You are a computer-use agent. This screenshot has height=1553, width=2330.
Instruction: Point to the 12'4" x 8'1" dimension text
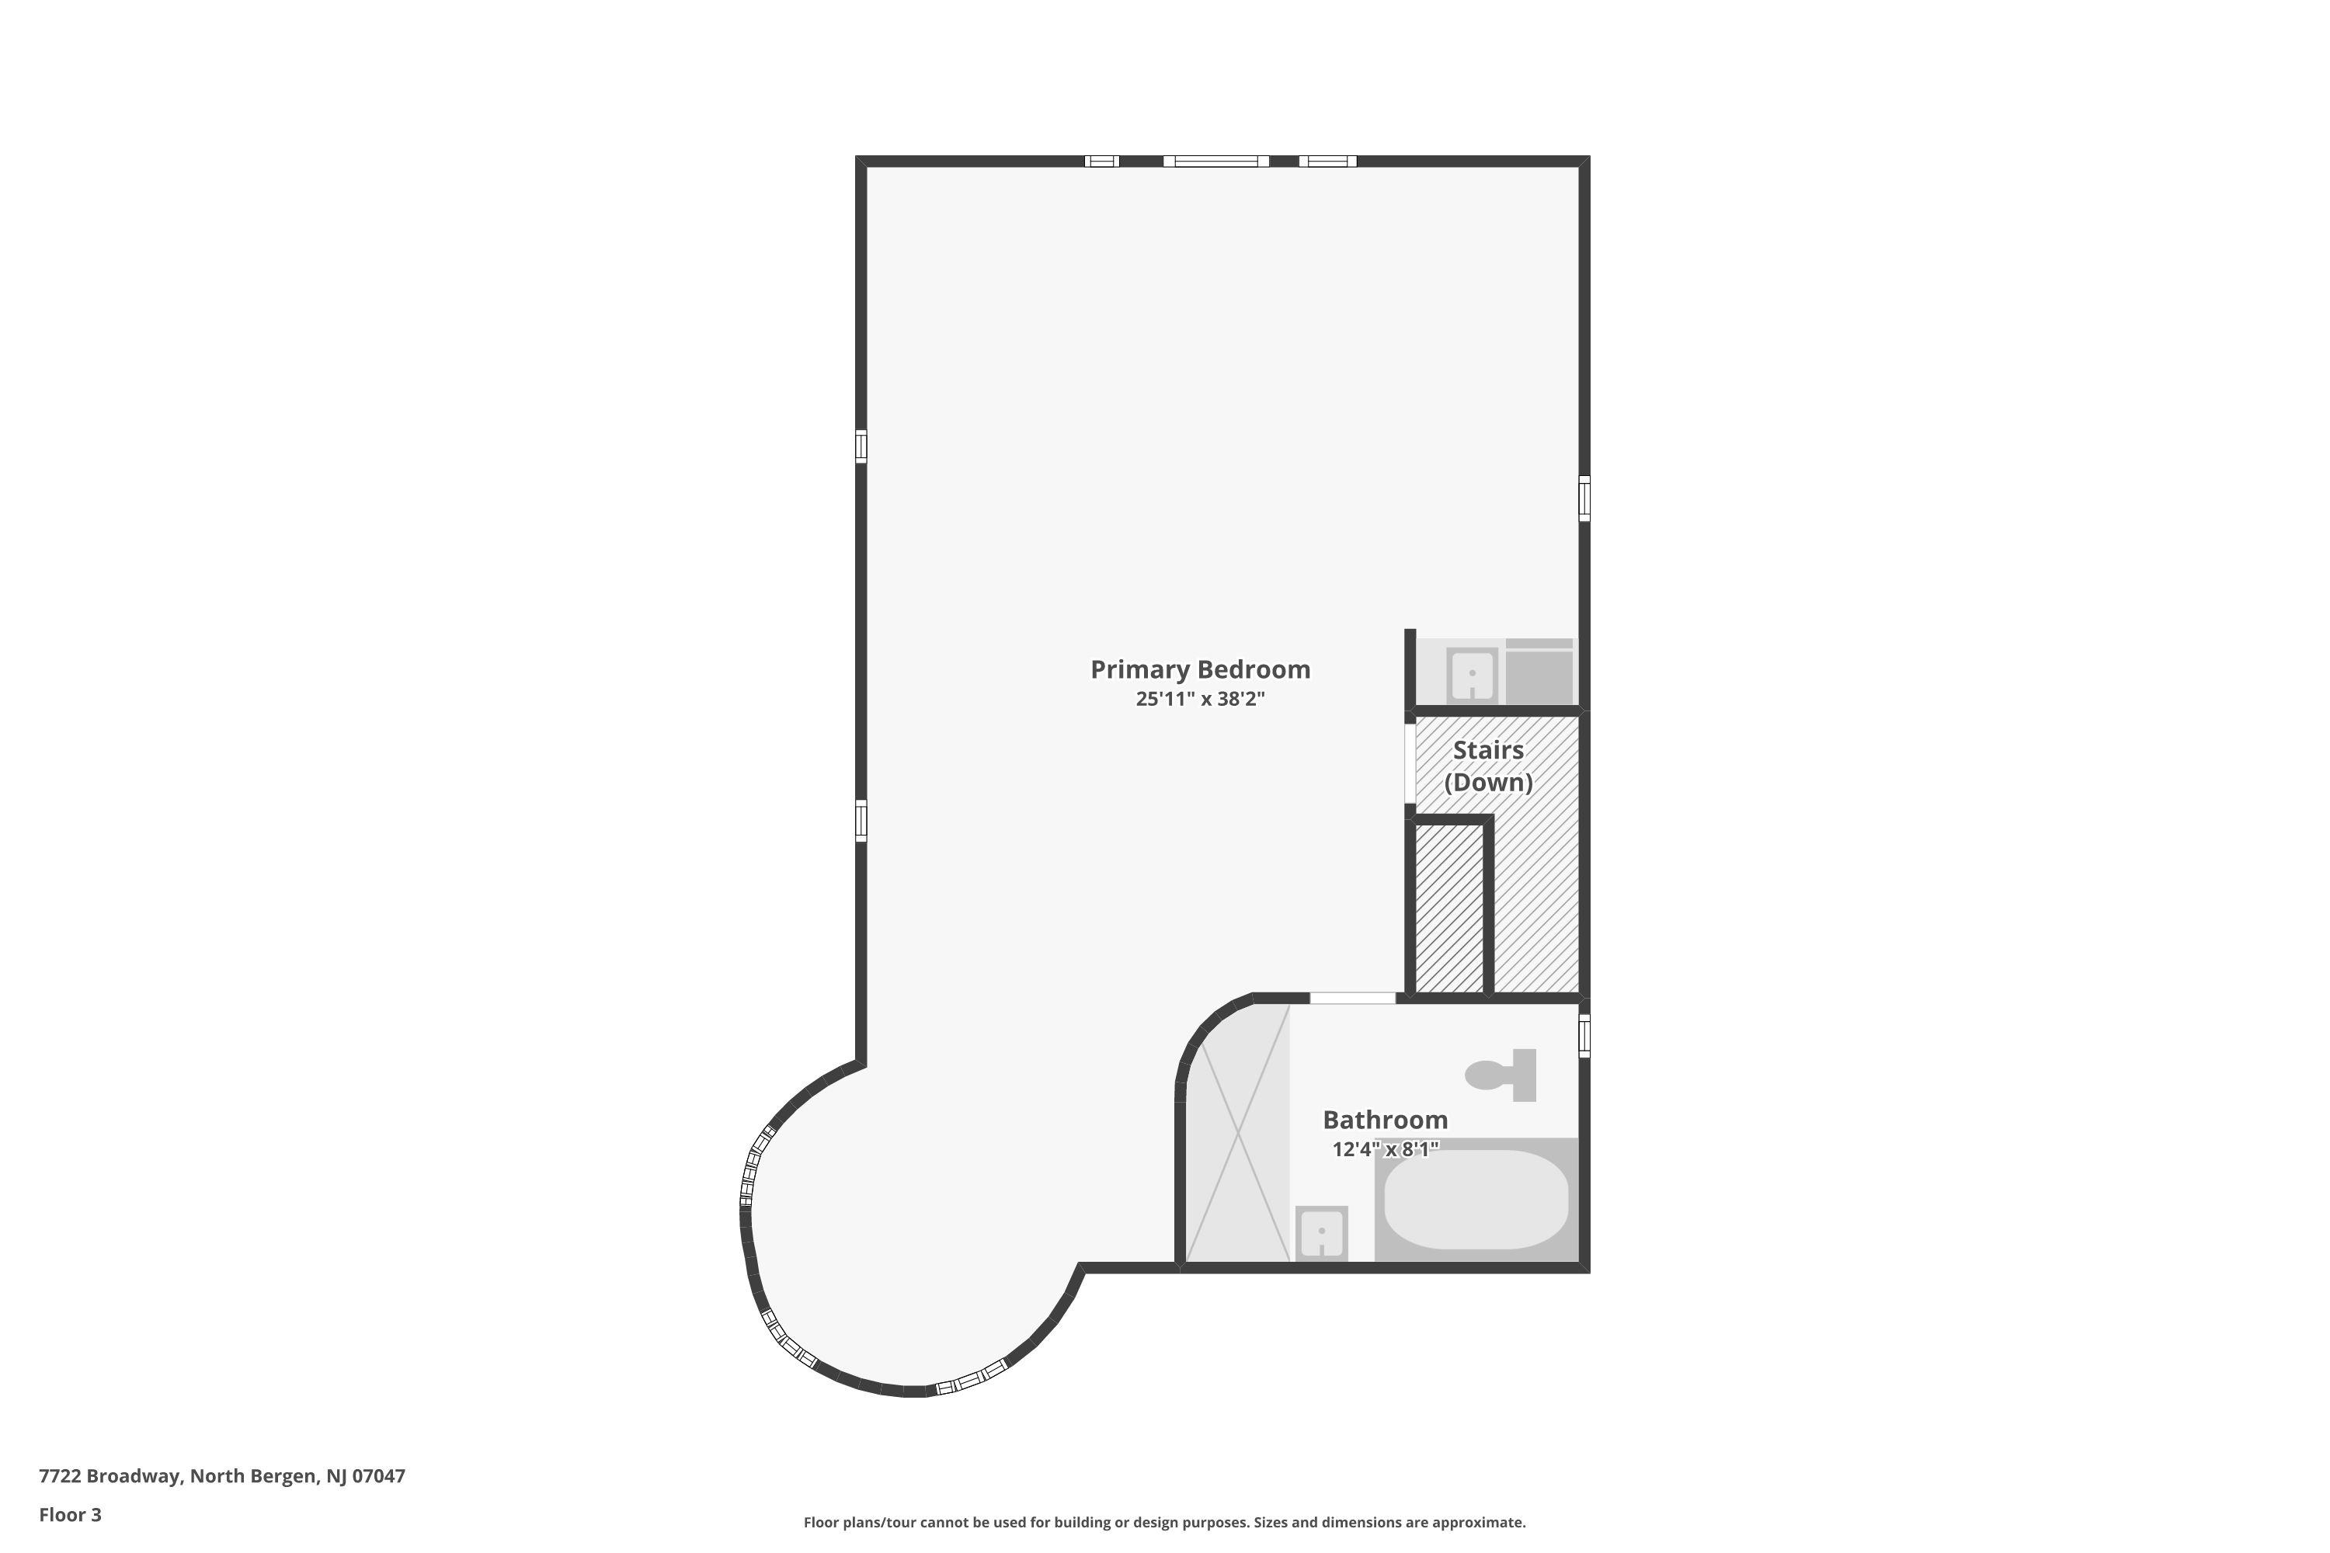[1385, 1150]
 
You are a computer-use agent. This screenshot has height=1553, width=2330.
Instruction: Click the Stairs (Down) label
[1488, 766]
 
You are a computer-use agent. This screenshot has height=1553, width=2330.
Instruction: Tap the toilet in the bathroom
[1501, 1075]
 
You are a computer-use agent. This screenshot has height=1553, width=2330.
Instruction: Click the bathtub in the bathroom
[1476, 1200]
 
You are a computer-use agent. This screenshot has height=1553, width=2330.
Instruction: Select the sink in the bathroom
[1322, 1234]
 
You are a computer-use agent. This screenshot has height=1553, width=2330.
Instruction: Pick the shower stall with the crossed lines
[1238, 1133]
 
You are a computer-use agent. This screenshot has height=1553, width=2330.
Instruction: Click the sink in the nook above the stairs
[1472, 675]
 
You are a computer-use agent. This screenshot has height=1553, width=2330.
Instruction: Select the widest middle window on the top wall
[1215, 162]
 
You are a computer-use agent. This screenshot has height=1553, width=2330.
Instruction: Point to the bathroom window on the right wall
[1584, 1036]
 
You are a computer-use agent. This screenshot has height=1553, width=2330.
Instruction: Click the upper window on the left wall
[861, 446]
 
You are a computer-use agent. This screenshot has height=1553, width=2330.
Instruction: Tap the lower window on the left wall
[861, 821]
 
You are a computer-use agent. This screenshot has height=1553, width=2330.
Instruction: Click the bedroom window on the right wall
[1584, 499]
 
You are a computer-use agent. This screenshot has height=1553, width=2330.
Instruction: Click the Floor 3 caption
[71, 1514]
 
